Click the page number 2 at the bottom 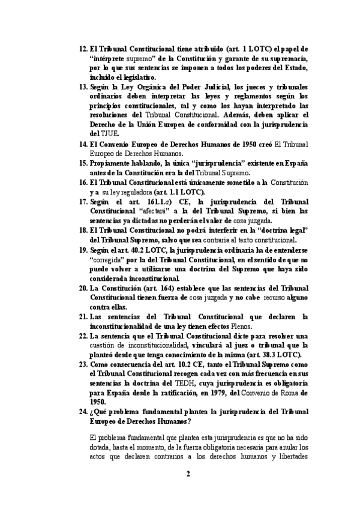point(188,474)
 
